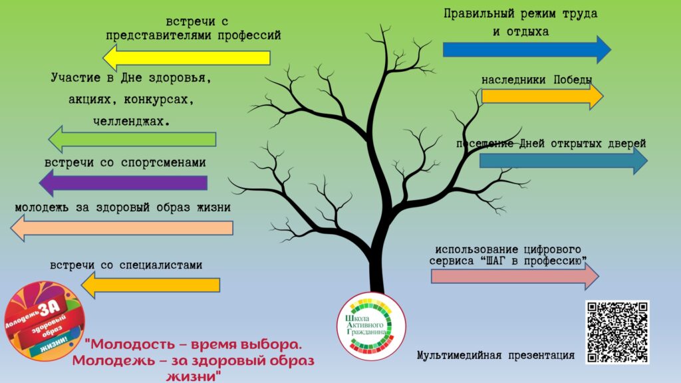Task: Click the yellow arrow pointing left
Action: (186, 58)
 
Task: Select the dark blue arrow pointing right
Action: (527, 49)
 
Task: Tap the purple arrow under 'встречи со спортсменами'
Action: (123, 183)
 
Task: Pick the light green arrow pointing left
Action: (132, 140)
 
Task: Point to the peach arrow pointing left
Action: (122, 228)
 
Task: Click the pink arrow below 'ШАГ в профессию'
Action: (515, 276)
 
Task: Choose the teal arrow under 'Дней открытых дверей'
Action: (563, 161)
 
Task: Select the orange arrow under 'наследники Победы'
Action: (543, 96)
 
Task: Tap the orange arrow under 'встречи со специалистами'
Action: (150, 285)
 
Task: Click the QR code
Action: (617, 332)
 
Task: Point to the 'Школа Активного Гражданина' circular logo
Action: (371, 326)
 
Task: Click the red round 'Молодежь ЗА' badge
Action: (44, 321)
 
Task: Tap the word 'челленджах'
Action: (131, 121)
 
